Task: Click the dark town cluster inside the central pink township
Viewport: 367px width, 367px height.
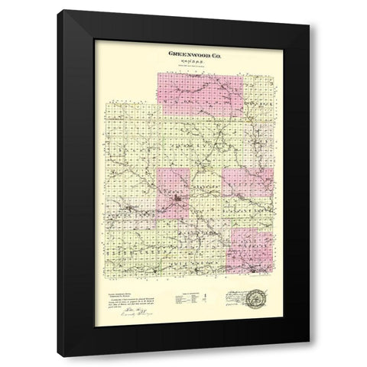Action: [x=177, y=202]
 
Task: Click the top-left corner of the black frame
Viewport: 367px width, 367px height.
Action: [x=63, y=11]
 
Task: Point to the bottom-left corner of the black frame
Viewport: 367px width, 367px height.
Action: [x=63, y=356]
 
